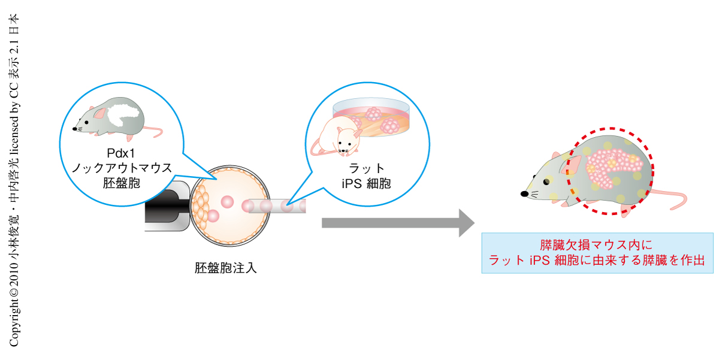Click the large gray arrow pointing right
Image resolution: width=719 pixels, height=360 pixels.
coord(395,223)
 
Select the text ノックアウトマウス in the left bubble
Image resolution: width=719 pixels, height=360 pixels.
coord(122,168)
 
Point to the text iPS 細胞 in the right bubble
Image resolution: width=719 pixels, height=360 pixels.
coord(366,183)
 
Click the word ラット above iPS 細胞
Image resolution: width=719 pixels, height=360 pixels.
coord(366,168)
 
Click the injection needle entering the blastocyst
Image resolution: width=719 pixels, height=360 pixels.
coord(276,207)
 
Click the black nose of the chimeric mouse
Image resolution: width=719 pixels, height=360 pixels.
coord(525,194)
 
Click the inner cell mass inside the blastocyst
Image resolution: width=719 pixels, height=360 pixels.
coord(201,207)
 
